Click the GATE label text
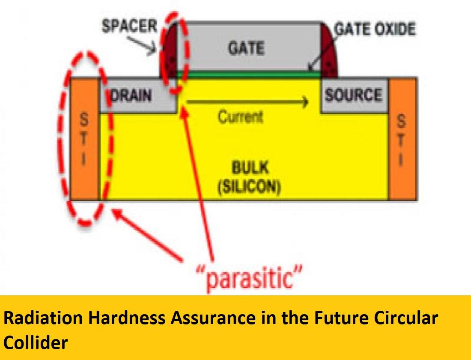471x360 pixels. click(246, 48)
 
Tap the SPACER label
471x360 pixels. click(129, 26)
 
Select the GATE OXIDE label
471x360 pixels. click(375, 29)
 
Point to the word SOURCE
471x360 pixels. click(353, 95)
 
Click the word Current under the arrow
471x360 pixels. click(240, 117)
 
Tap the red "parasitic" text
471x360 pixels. click(249, 277)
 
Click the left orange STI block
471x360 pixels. click(84, 139)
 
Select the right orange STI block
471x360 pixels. click(402, 139)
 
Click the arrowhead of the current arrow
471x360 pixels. click(305, 102)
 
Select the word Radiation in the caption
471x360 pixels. click(43, 318)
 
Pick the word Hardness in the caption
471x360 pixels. click(126, 318)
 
